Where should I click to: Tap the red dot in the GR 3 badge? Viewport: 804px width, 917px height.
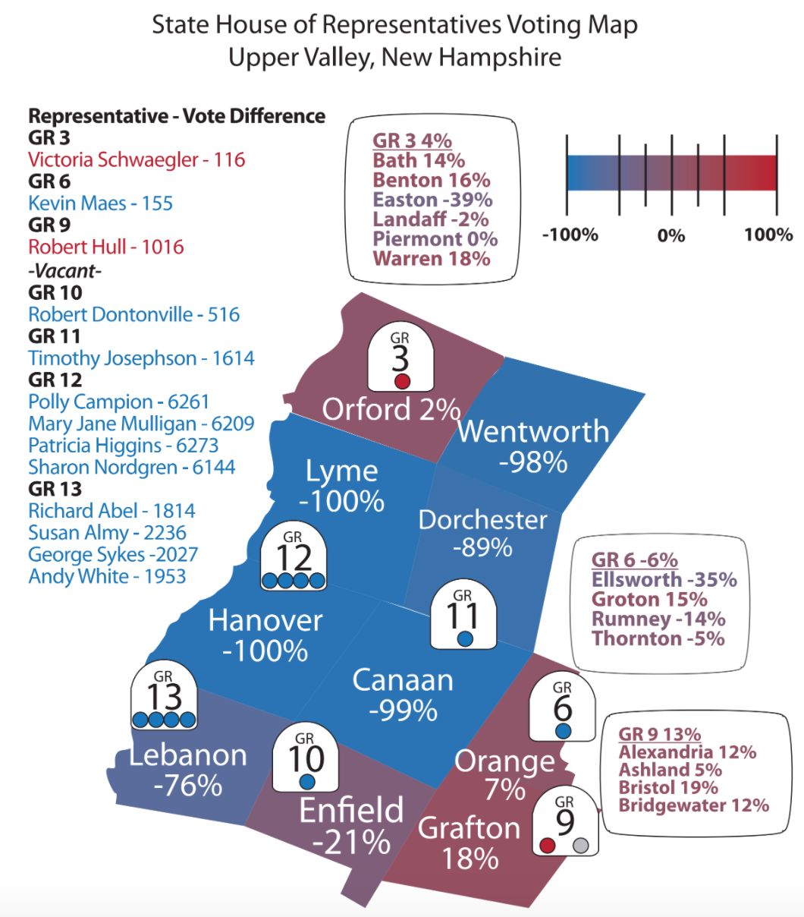coord(402,381)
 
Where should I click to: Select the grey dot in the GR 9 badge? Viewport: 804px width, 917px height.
coord(581,845)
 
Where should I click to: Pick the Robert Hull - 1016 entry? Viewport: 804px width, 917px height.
coord(106,247)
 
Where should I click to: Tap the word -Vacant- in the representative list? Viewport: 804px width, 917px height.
coord(64,270)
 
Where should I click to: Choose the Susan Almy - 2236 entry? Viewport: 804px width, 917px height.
coord(107,533)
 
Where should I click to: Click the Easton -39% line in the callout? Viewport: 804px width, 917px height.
coord(432,200)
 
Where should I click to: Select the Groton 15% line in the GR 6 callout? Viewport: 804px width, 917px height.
coord(649,599)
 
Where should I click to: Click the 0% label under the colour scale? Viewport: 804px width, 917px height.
coord(671,235)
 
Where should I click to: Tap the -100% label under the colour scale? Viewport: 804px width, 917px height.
coord(570,235)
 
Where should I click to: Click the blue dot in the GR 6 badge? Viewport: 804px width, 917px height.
coord(563,730)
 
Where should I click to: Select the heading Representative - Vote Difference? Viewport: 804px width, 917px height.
coord(177,116)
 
